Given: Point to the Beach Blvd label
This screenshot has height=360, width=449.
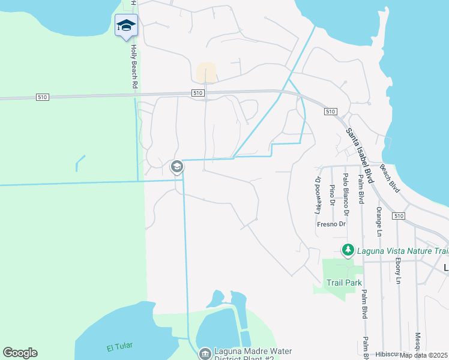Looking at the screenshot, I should coord(390,178).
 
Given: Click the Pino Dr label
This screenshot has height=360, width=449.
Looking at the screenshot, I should coord(332,195).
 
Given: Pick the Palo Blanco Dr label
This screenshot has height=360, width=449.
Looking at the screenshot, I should coord(345,190).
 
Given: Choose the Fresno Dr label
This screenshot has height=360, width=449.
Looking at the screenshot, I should coord(331,224).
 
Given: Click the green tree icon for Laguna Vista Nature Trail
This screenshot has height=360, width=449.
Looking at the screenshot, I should coord(347,249).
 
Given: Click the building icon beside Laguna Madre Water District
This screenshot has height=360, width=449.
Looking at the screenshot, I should coord(205,353).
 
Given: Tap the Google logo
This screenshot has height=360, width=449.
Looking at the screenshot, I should coord(20,353).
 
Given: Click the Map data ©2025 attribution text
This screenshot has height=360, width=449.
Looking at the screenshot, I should coord(424,355).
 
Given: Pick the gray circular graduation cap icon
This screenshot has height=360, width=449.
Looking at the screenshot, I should coord(176,166).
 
